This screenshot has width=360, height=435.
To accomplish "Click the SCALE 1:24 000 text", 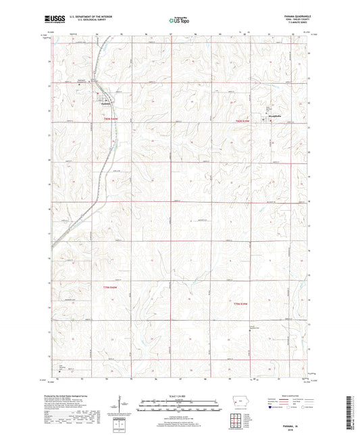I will point(180,395).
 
